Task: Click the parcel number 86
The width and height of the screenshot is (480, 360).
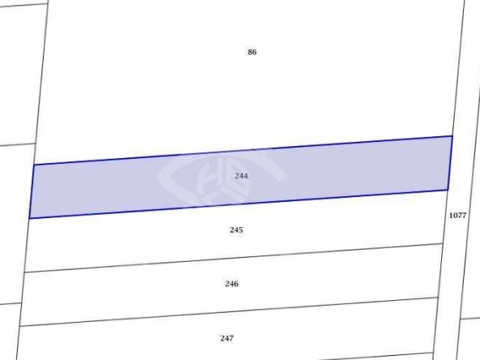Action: [x=252, y=52]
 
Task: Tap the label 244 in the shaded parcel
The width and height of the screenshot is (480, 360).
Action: [x=242, y=176]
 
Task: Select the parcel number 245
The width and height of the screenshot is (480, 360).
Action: [x=236, y=230]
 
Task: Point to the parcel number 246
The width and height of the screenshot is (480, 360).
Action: [x=232, y=284]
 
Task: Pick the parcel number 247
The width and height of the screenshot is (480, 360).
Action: [x=227, y=338]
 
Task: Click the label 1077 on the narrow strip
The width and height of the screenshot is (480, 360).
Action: [x=457, y=216]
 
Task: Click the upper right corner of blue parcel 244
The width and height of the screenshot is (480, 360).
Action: [x=452, y=136]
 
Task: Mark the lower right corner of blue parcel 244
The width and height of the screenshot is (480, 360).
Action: [x=448, y=190]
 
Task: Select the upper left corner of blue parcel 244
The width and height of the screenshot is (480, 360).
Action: [x=34, y=165]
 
